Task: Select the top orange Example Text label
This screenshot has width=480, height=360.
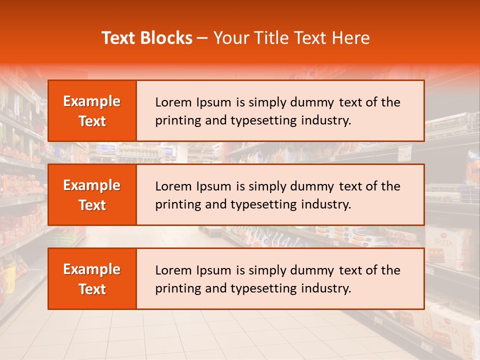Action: (x=92, y=111)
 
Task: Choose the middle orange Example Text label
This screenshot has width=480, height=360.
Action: (x=92, y=195)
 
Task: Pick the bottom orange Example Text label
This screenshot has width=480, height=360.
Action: (x=92, y=279)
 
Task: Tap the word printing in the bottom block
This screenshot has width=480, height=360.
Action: (x=175, y=289)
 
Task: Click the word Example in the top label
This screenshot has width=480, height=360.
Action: (x=92, y=101)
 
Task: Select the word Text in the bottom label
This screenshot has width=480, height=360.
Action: (x=92, y=289)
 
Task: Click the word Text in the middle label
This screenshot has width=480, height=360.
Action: (x=92, y=205)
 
